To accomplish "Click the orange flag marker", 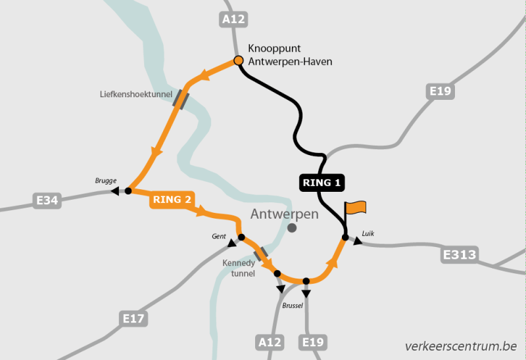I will pos(356,208).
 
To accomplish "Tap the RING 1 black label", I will pos(322,183).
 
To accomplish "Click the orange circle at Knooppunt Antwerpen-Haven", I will pos(239,61).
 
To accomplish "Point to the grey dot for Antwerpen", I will pos(293,228).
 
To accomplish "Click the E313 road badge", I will pos(460,254).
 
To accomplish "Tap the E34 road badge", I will pos(47,200).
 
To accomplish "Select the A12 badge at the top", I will pos(233,20).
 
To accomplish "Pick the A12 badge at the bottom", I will pos(270,342).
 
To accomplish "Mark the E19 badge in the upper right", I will pos(439,91).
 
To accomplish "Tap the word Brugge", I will pos(105,180).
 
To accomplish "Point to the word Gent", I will pos(219,235).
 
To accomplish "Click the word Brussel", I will pos(295,305).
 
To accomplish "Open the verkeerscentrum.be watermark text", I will pos(461,346).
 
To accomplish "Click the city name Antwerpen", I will pos(284,214).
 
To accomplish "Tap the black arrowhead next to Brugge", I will pos(115,191).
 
